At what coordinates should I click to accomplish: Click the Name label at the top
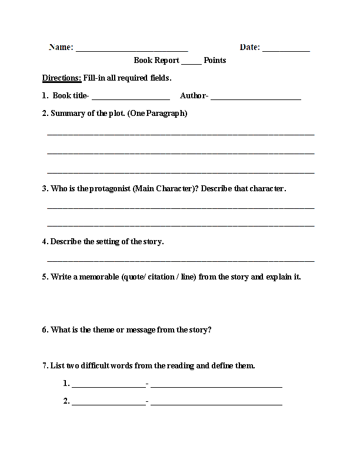coord(61,48)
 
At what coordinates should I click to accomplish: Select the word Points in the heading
coord(215,60)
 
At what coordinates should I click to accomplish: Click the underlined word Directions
coord(62,78)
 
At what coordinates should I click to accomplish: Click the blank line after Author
coord(255,98)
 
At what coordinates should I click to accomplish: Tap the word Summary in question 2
coord(68,113)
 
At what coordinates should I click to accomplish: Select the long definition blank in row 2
coord(216,404)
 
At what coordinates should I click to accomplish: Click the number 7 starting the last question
coord(44,365)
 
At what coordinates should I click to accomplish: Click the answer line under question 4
coord(180,260)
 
